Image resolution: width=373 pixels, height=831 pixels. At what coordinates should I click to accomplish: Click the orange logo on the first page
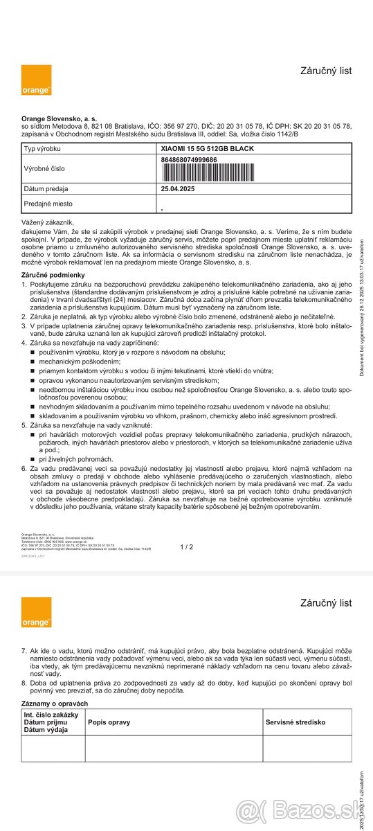[36, 80]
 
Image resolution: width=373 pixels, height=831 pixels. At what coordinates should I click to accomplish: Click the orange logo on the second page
[36, 612]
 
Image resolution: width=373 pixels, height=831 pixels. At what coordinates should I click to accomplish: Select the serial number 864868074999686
[189, 159]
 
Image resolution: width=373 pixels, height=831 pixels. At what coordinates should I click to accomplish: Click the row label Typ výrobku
[43, 149]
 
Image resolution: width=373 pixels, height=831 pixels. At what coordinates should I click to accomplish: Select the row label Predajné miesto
[48, 204]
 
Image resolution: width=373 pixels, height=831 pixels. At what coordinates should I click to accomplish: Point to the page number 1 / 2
[187, 547]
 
